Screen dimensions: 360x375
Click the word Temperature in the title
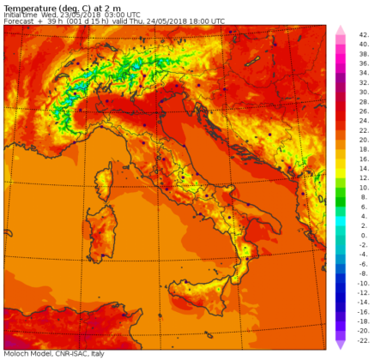[x=27, y=7]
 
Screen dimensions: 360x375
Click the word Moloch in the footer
[x=15, y=353]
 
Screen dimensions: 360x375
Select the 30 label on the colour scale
[x=363, y=96]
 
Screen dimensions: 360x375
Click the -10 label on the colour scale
[x=362, y=282]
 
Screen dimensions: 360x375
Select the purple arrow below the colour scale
[x=339, y=344]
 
